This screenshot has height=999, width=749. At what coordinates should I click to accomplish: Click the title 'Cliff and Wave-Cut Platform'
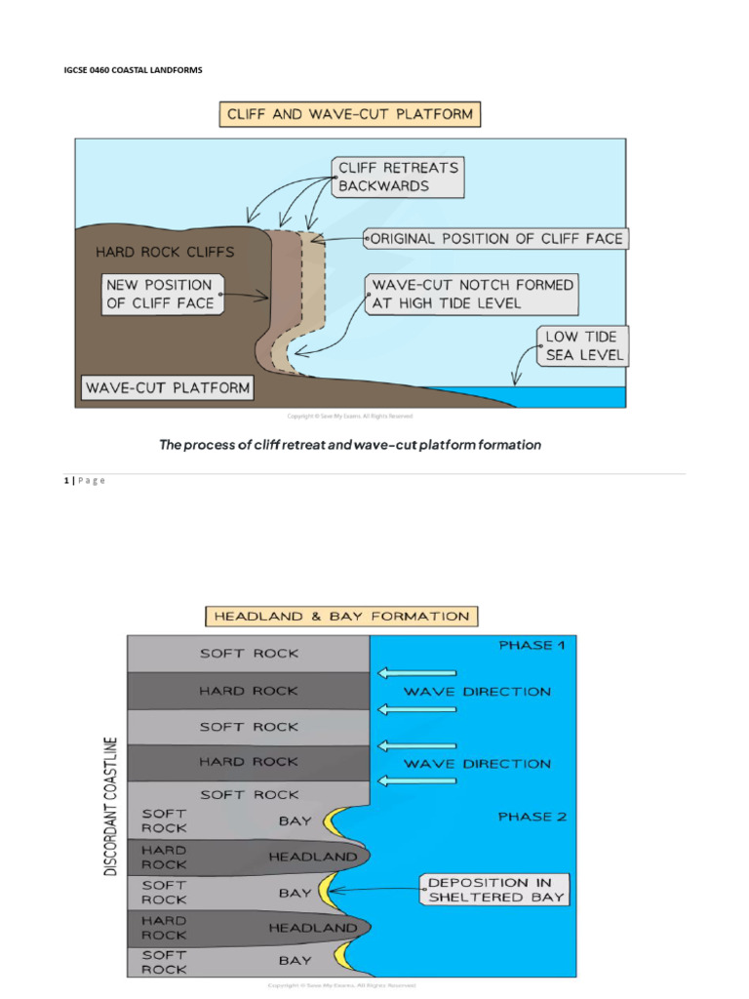[x=349, y=114]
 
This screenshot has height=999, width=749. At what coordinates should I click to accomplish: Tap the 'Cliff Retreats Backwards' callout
[x=397, y=177]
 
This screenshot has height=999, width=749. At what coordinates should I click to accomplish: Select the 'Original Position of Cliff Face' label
[x=495, y=238]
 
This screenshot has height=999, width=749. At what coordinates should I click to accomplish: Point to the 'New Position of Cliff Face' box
[x=162, y=294]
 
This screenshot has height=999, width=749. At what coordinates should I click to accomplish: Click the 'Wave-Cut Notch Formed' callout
[x=472, y=293]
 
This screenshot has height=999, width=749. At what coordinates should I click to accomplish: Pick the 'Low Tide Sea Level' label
[x=581, y=346]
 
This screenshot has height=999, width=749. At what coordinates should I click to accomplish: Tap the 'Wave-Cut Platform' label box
[x=167, y=387]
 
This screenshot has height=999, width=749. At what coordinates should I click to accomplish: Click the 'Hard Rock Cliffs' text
[x=165, y=252]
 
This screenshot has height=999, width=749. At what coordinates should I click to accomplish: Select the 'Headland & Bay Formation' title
[x=341, y=616]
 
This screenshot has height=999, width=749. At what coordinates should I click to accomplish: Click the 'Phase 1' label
[x=532, y=645]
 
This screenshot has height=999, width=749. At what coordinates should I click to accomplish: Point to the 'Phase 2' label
[x=532, y=817]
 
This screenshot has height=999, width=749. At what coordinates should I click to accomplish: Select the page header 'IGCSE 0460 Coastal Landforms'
[x=133, y=71]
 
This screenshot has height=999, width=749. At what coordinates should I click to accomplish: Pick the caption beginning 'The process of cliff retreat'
[x=349, y=445]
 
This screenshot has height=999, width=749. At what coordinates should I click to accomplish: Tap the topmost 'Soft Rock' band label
[x=249, y=654]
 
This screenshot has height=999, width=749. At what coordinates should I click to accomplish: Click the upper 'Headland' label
[x=313, y=857]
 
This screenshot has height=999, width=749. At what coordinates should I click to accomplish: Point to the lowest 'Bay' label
[x=295, y=961]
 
